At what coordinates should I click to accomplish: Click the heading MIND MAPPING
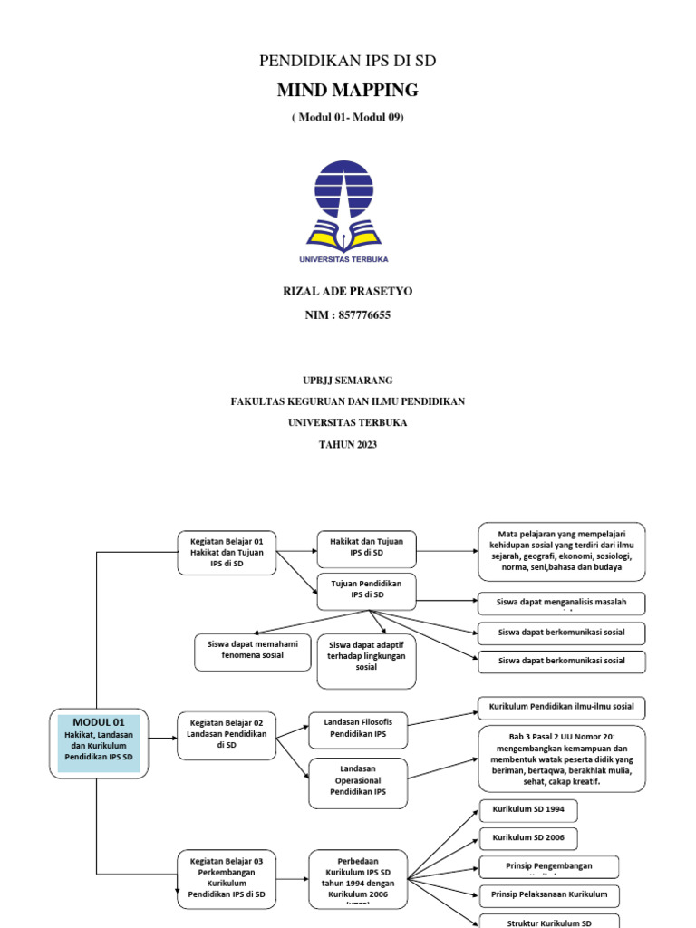(x=348, y=90)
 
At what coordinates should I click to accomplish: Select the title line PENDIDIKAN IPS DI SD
(x=348, y=61)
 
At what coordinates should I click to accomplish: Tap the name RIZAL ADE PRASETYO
(x=348, y=291)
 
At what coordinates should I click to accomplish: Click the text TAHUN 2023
(x=348, y=444)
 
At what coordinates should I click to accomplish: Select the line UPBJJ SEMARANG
(x=348, y=380)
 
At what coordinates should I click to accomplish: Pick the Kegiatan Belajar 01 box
(x=227, y=552)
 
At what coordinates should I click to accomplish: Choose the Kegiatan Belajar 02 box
(x=227, y=734)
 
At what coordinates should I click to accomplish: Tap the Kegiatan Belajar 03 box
(x=227, y=875)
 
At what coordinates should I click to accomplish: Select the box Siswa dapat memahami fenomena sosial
(x=254, y=652)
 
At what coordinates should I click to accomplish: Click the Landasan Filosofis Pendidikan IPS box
(x=358, y=727)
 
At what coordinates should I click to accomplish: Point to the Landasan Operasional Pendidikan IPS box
(x=358, y=780)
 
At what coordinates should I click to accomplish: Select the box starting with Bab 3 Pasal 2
(x=562, y=758)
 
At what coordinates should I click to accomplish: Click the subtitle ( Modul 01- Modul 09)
(x=348, y=118)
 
